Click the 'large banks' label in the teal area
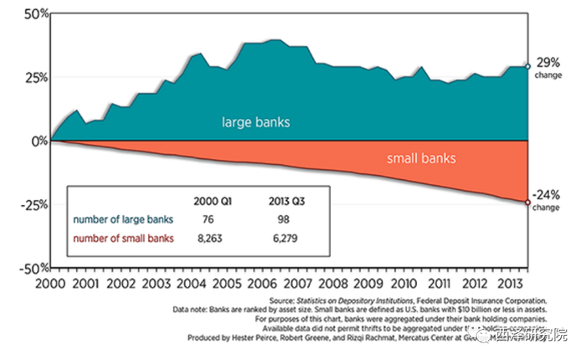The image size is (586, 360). point(255,122)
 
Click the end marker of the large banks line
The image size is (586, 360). point(527,66)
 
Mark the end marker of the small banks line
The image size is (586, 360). point(527,202)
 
